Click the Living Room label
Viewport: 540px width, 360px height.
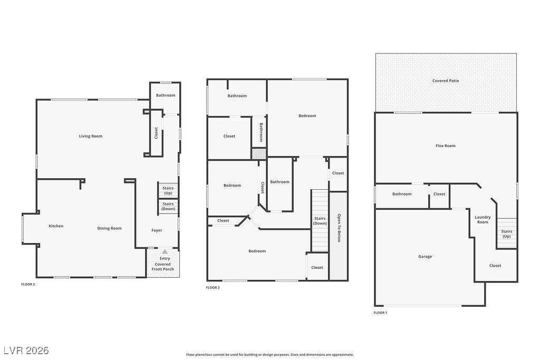pos(91,136)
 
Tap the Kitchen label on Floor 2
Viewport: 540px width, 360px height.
pos(56,226)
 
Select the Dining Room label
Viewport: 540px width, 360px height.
pos(109,228)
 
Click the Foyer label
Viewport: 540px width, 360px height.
pos(157,230)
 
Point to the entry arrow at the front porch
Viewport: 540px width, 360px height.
pos(165,252)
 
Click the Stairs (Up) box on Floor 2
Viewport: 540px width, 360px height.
pos(168,190)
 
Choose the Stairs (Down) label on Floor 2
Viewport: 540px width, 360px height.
pos(168,206)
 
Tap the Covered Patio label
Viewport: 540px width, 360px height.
pos(446,81)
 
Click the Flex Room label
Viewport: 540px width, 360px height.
pos(446,145)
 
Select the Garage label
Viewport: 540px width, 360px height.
pos(425,257)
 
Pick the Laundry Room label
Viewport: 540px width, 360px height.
pos(483,220)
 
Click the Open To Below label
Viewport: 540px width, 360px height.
pos(338,228)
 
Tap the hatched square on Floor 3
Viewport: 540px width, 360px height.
pos(258,153)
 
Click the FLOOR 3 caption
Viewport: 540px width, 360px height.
pos(213,287)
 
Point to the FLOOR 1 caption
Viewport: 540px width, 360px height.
pos(380,313)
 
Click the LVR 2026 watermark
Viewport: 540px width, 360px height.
pos(26,351)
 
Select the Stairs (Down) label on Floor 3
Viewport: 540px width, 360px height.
pos(320,220)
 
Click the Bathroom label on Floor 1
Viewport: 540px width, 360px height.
pos(402,194)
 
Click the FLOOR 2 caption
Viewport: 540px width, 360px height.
pos(28,284)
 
